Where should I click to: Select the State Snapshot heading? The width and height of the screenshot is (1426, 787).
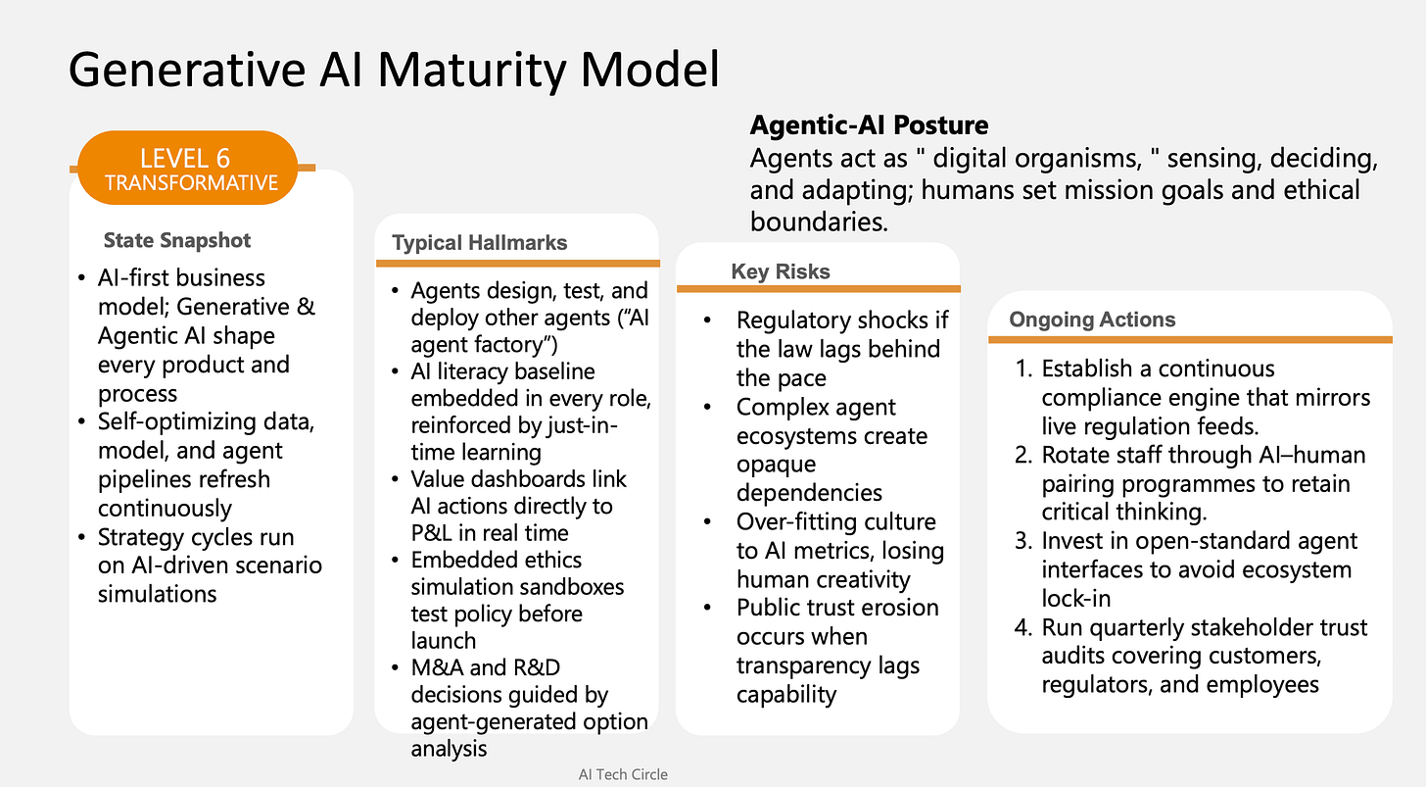tap(177, 240)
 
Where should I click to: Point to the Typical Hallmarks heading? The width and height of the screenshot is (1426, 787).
tap(479, 243)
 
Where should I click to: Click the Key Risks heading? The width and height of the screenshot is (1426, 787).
tap(780, 271)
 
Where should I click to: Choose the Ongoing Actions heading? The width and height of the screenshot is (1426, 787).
tap(1092, 320)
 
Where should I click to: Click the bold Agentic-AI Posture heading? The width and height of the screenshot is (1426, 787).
tap(869, 125)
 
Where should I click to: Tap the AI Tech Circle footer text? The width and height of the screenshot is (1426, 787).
tap(623, 774)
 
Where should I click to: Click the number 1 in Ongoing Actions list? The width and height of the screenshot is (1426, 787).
tap(1023, 369)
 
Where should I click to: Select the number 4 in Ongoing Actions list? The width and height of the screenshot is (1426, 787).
tap(1024, 628)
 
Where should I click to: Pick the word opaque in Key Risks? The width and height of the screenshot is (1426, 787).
tap(776, 464)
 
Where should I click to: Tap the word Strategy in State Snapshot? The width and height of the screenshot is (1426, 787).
tap(140, 537)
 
